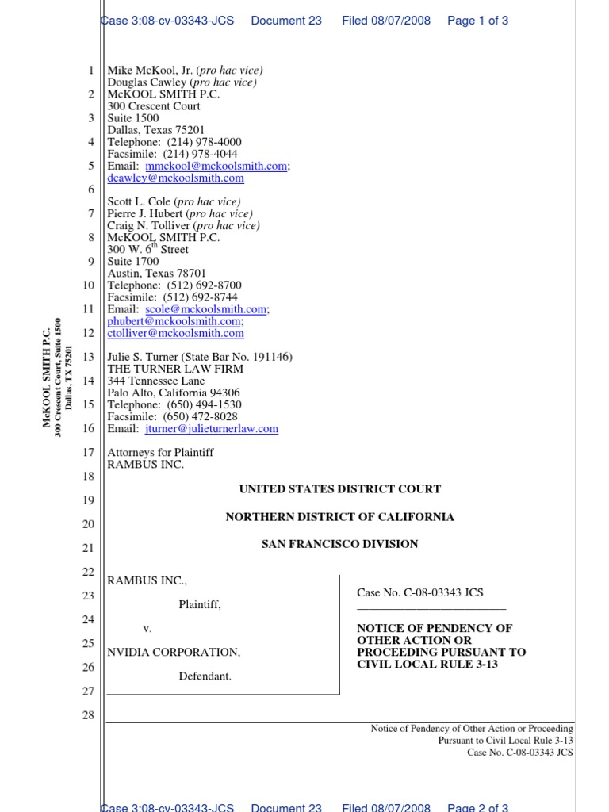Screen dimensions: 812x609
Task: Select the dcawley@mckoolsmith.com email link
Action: (x=175, y=178)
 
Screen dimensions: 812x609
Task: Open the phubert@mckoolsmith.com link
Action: (x=174, y=321)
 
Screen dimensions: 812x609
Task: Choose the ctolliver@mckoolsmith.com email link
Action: (x=175, y=333)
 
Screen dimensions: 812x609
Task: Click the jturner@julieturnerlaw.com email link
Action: (x=212, y=428)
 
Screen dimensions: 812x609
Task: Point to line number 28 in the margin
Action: (x=88, y=715)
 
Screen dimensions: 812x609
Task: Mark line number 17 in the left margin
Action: (x=88, y=452)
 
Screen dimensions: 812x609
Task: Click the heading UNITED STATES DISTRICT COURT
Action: (x=340, y=489)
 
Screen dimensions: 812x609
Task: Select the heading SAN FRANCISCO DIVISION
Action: (x=340, y=544)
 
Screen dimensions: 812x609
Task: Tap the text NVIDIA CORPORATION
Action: (x=173, y=652)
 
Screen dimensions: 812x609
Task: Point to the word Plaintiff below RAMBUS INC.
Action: (x=199, y=604)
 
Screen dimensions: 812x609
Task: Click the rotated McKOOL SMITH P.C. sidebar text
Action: (x=47, y=377)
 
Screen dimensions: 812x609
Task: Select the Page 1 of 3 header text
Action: (x=477, y=21)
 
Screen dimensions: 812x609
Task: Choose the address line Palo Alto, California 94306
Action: (x=174, y=393)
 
